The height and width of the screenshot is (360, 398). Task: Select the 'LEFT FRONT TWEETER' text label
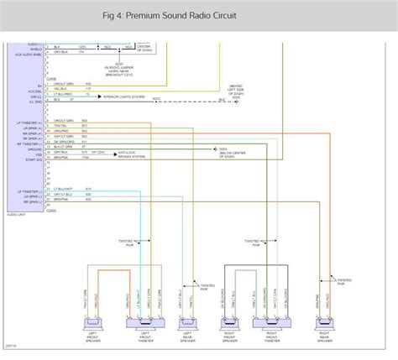(x=145, y=337)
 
